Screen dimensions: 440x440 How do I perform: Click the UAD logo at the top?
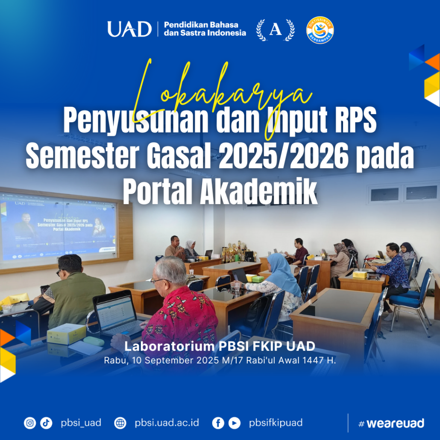[x=129, y=29]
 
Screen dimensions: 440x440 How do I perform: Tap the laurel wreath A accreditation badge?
[x=275, y=30]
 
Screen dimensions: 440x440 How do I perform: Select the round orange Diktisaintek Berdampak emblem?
[x=320, y=30]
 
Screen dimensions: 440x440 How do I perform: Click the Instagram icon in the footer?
[x=30, y=423]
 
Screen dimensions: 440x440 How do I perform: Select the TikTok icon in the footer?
[x=46, y=423]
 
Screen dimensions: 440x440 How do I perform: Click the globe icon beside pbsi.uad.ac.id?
[x=120, y=423]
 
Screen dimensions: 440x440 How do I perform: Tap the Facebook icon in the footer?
[x=218, y=423]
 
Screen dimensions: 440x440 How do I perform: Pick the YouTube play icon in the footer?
[x=234, y=423]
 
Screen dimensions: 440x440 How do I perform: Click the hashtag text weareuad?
[x=391, y=423]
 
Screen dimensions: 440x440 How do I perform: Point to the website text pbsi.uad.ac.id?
[x=167, y=423]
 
